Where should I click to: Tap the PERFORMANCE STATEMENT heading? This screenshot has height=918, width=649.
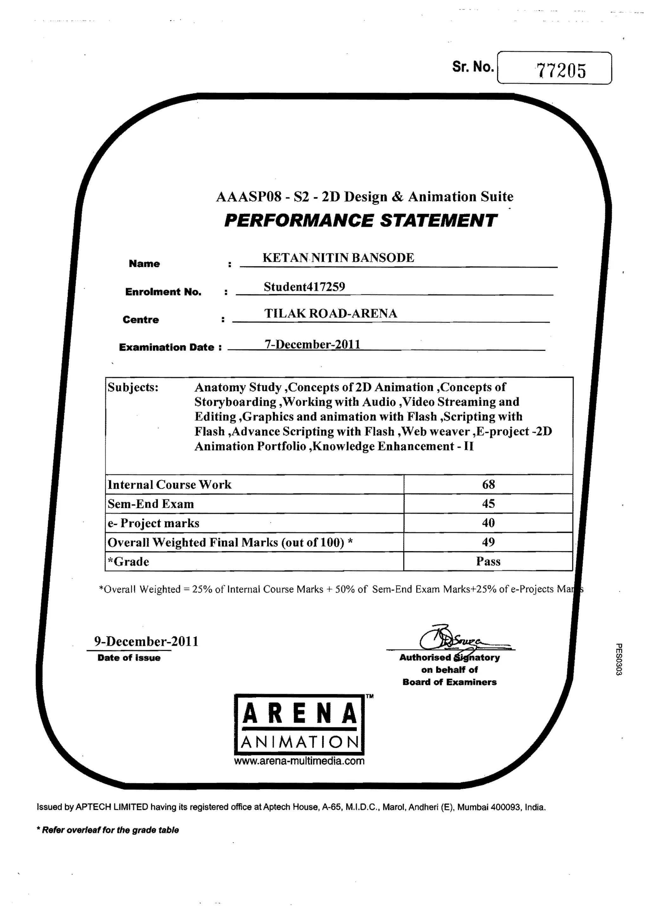click(360, 220)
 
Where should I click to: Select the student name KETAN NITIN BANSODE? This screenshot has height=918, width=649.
click(338, 257)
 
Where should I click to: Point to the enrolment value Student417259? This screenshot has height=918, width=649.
click(304, 286)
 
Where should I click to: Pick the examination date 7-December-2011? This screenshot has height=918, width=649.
click(312, 344)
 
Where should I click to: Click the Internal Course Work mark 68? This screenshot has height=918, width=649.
click(488, 484)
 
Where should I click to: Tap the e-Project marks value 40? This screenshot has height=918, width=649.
click(488, 523)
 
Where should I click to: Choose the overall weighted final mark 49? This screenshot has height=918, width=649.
click(488, 542)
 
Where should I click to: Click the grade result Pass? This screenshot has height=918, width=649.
click(488, 561)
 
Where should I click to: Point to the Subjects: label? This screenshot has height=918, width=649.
click(133, 387)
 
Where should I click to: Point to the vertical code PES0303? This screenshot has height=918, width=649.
click(618, 659)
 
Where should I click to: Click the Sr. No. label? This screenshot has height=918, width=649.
click(473, 67)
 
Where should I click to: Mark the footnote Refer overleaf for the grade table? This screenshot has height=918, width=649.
click(108, 830)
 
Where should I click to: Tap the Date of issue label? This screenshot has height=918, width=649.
click(129, 658)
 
